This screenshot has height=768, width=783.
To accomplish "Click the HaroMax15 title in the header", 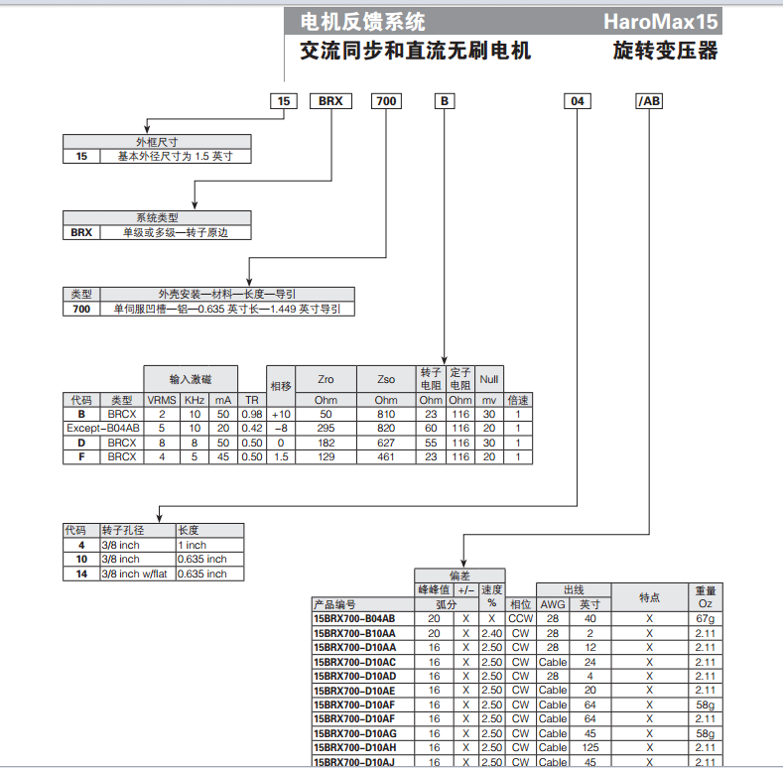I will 659,22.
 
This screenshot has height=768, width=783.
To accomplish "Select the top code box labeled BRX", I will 329,101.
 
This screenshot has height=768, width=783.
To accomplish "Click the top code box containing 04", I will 579,101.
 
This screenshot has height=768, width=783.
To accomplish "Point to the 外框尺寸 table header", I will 156,142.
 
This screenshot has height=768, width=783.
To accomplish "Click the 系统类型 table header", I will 156,217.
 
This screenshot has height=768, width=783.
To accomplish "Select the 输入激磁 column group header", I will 191,379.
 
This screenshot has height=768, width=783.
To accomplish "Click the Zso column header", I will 386,379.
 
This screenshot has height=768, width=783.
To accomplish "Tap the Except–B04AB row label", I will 103,428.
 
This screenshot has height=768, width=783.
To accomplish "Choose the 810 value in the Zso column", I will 386,414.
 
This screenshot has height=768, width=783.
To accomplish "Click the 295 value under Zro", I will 326,428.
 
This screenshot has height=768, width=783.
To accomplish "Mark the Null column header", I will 489,379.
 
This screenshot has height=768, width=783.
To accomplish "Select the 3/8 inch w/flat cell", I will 136,574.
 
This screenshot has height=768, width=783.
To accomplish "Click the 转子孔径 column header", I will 136,531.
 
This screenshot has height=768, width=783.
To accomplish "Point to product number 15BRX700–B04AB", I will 355,618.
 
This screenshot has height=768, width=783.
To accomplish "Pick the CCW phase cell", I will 520,618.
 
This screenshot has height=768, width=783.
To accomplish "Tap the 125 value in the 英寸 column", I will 590,746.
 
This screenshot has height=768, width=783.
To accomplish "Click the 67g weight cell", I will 705,618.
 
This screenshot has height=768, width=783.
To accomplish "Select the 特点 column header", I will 650,596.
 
